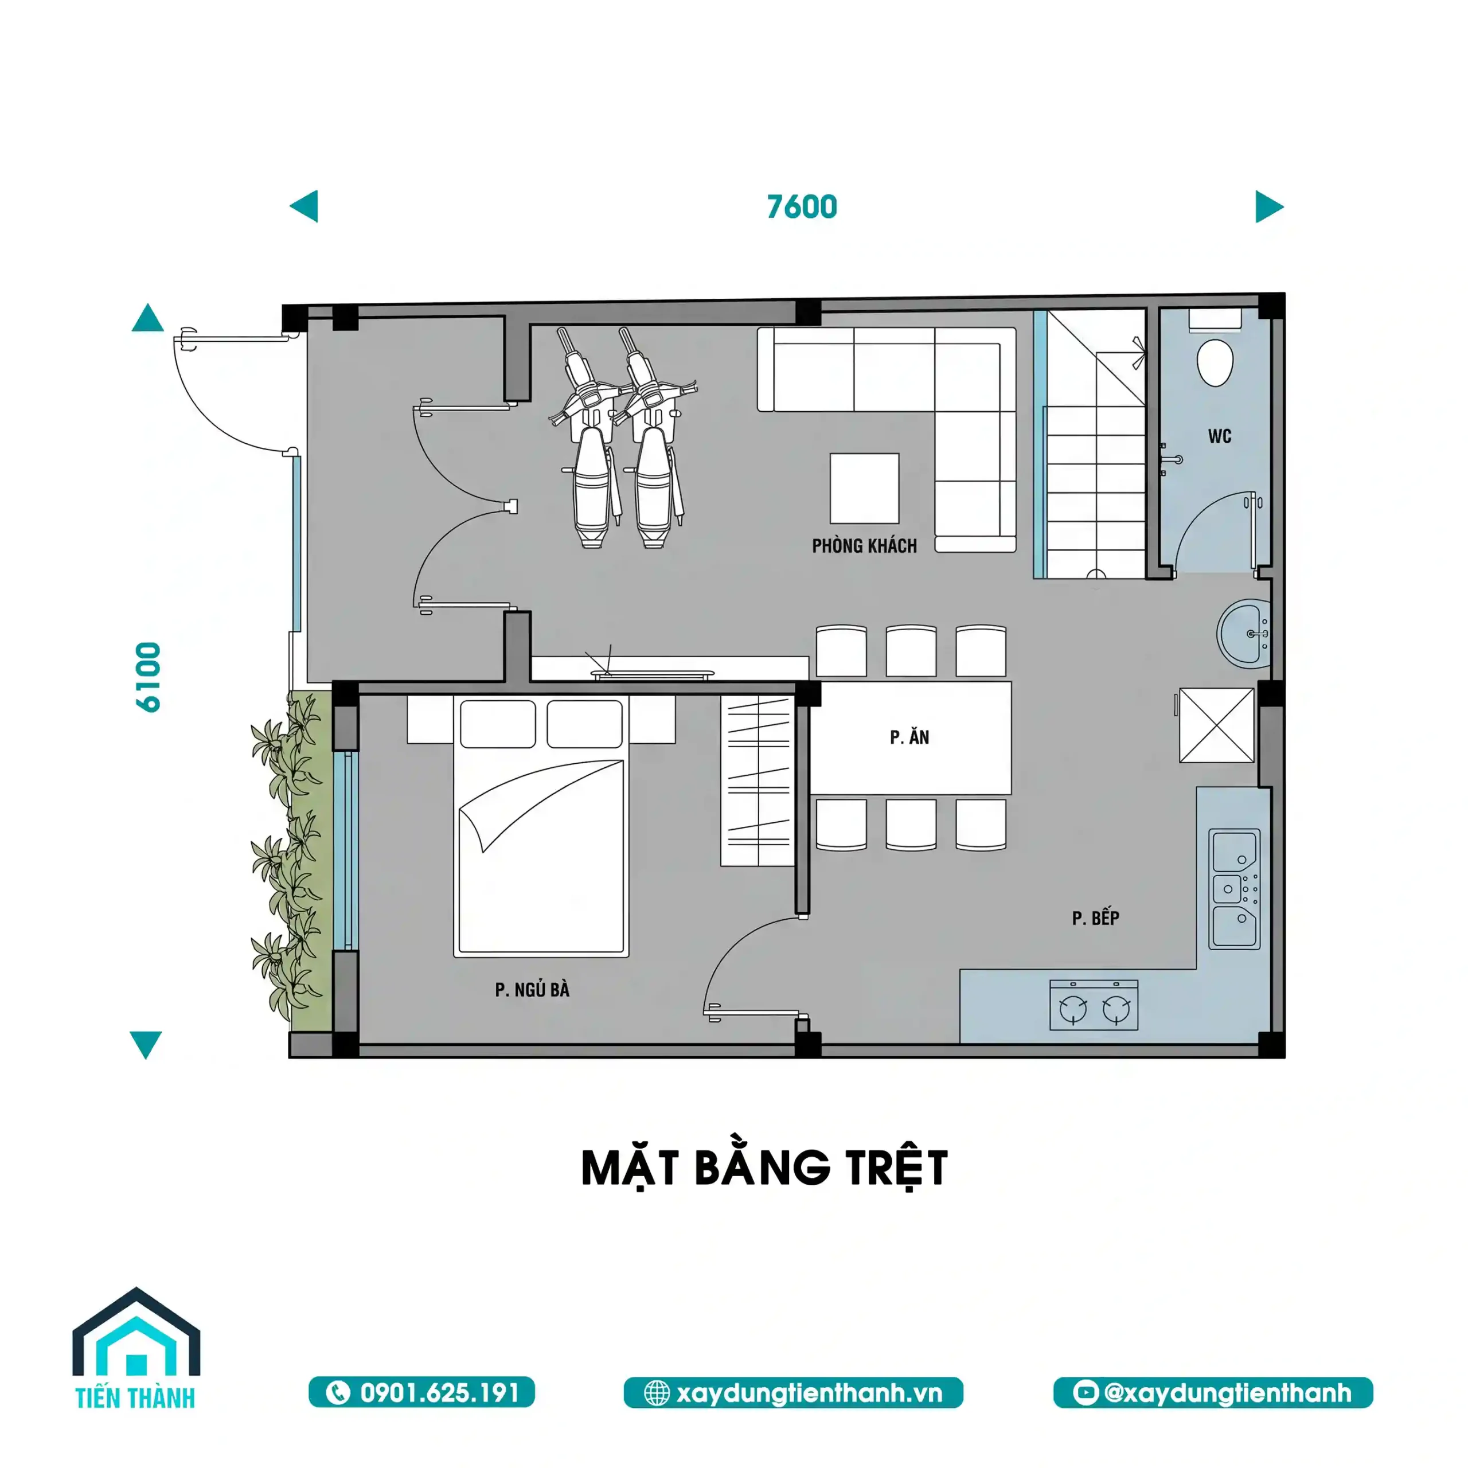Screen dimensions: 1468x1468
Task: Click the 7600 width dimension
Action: [802, 206]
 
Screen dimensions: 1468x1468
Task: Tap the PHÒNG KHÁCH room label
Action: [864, 545]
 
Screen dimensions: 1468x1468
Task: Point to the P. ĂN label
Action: [909, 737]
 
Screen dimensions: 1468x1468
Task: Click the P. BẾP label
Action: [1095, 918]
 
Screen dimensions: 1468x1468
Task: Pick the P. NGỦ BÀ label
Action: [532, 989]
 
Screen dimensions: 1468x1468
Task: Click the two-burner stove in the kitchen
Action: [1094, 1005]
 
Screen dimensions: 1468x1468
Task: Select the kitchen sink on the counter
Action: [1234, 888]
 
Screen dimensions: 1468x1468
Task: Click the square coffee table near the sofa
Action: [864, 489]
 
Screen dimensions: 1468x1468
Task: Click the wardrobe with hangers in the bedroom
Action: [757, 780]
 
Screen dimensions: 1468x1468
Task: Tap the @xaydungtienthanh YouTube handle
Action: [1213, 1392]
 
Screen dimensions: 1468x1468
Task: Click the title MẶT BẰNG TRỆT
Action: [764, 1168]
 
